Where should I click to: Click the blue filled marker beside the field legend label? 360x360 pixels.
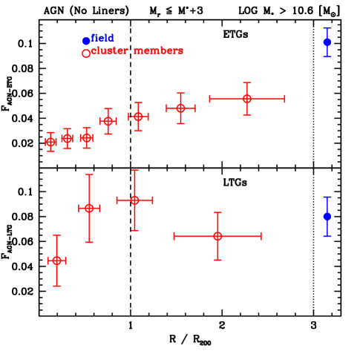86,41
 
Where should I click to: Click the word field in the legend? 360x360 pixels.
102,39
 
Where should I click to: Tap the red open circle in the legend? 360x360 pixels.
86,53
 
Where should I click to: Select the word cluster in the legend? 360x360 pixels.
110,51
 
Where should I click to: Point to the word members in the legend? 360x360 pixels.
157,51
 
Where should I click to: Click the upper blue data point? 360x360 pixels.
327,42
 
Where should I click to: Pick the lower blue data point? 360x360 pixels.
327,216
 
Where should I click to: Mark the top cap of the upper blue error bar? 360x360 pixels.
327,27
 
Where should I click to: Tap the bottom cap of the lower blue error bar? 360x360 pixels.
327,236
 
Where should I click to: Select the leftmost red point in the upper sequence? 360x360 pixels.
50,141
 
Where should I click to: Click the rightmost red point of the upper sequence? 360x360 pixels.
247,99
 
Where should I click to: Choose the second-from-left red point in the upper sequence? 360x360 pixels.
68,138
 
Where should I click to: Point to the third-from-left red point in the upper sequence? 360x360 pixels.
87,137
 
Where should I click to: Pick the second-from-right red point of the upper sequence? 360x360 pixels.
180,108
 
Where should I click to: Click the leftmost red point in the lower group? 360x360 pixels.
56,261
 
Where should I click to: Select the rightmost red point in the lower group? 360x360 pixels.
217,236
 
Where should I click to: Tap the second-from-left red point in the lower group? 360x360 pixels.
89,209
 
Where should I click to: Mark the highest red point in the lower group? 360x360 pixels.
135,200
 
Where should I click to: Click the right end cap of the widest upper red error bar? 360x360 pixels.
285,99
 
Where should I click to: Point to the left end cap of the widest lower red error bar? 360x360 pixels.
174,236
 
